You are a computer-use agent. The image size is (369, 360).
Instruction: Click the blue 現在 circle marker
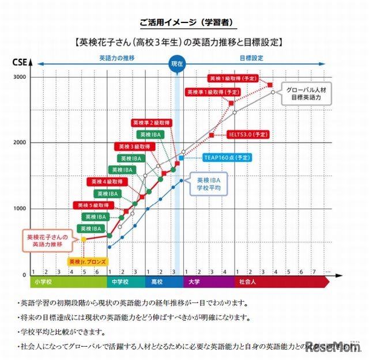[176, 64]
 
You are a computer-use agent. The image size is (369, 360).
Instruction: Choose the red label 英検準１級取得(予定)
[213, 92]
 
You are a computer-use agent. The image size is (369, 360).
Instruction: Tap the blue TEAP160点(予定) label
[227, 157]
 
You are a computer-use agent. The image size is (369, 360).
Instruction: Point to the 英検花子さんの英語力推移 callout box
[47, 240]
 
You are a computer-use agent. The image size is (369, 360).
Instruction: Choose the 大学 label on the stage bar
[193, 282]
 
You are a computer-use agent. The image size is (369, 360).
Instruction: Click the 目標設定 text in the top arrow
[251, 58]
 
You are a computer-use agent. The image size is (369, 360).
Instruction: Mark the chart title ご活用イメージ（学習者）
[184, 22]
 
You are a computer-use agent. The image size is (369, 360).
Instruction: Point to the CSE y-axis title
[18, 61]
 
